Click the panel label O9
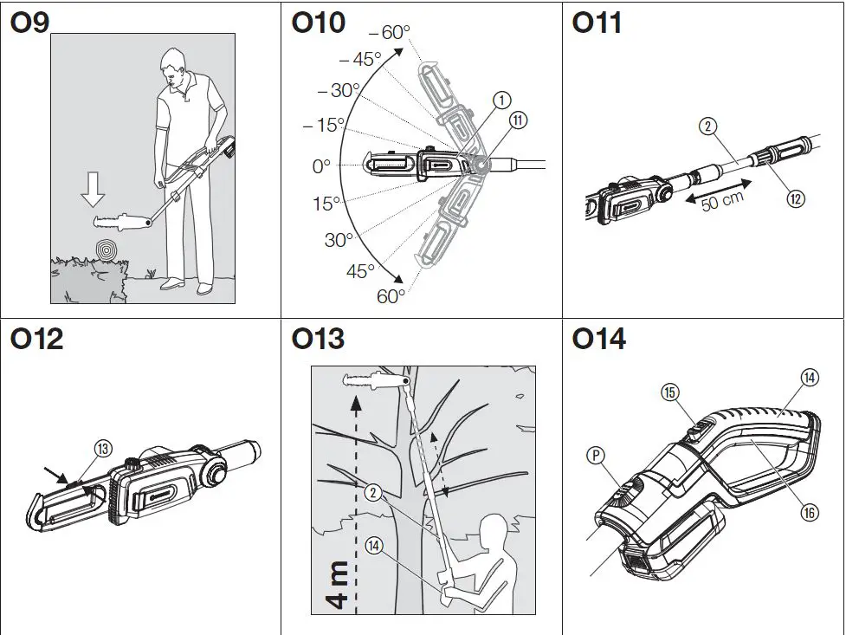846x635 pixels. tap(30, 24)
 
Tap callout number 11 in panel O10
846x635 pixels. tap(518, 121)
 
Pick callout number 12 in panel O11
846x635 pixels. tap(795, 198)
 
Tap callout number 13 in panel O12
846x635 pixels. tap(102, 448)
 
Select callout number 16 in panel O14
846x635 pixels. tap(809, 513)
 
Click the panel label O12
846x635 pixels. tap(37, 340)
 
